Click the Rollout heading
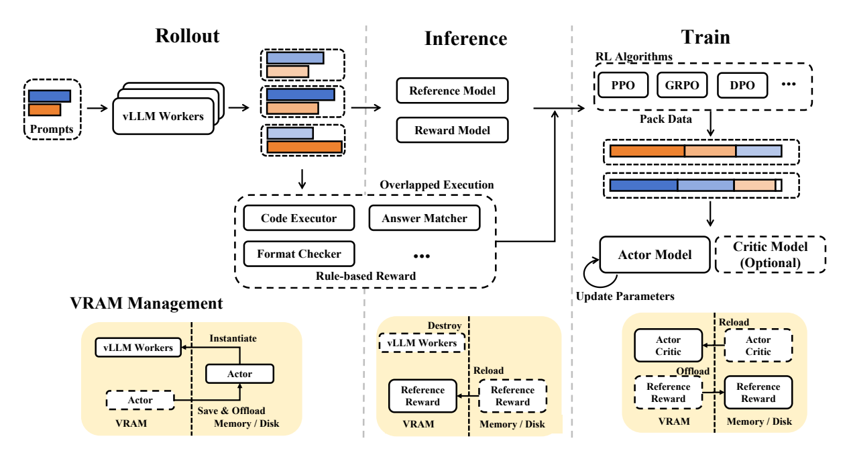tap(187, 36)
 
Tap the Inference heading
tap(465, 38)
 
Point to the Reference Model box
tap(452, 91)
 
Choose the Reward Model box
tap(452, 130)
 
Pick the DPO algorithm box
tap(742, 85)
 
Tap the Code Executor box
tap(299, 217)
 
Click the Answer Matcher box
tap(424, 217)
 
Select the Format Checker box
tap(299, 254)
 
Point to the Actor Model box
tap(655, 255)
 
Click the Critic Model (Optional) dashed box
tap(771, 255)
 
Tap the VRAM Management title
tap(146, 303)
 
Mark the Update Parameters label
tap(625, 296)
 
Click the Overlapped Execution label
tap(437, 185)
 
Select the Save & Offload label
tap(231, 410)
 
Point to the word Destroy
tap(445, 325)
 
